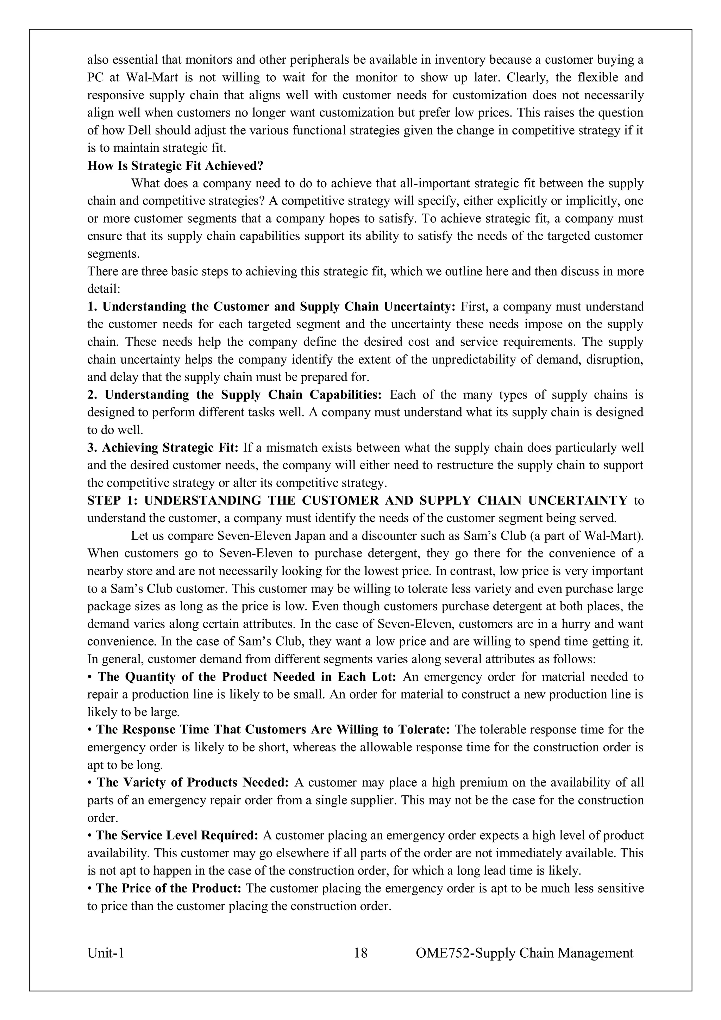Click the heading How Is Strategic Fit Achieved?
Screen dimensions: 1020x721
point(175,166)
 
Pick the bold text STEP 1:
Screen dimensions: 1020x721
point(113,501)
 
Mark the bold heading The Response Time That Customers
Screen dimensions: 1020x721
point(274,730)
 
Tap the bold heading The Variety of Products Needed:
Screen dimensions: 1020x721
point(193,782)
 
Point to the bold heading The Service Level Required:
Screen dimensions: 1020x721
point(177,835)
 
